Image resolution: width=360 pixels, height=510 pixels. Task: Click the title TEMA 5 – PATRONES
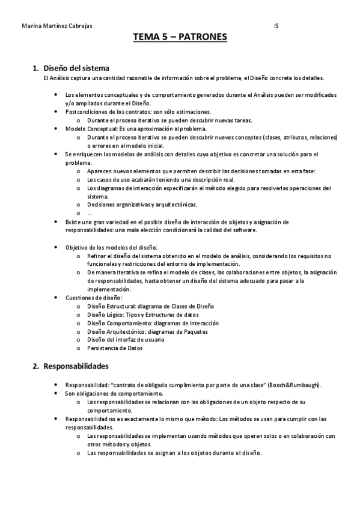[x=180, y=38]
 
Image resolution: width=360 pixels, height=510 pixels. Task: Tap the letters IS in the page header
[x=276, y=26]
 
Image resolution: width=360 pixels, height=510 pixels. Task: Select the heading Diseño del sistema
[x=76, y=67]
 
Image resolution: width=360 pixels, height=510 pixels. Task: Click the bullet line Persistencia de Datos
[x=115, y=348]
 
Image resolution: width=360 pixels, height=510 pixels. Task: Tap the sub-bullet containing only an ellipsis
[x=89, y=213]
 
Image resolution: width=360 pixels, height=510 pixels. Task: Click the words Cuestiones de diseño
[x=94, y=297]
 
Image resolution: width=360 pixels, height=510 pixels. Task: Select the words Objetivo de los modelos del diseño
[x=111, y=247]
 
